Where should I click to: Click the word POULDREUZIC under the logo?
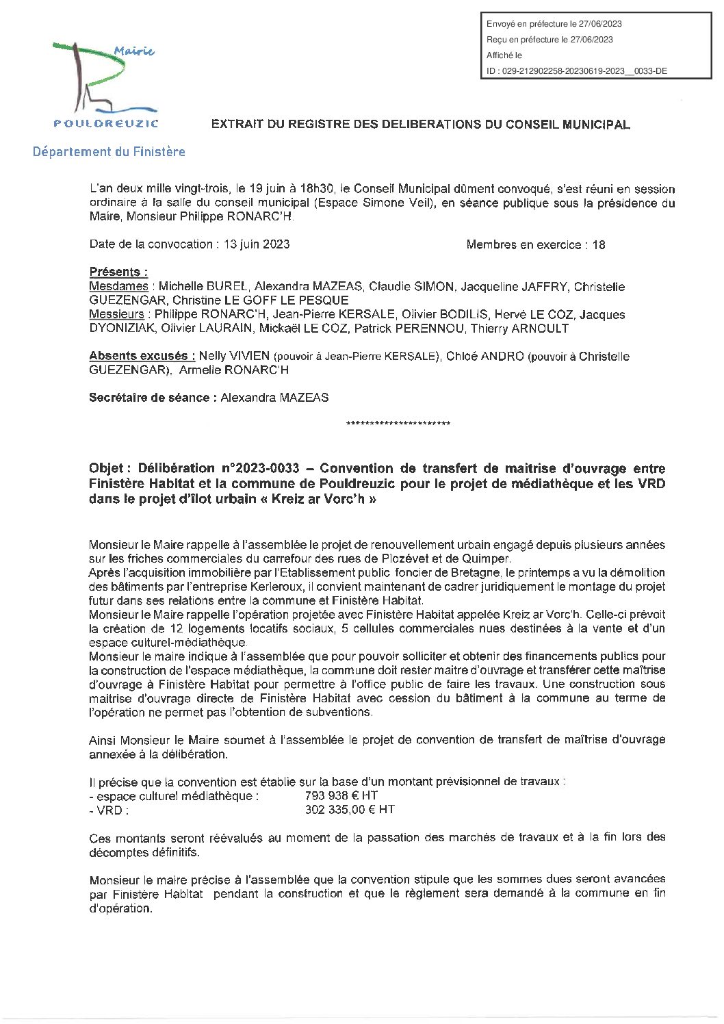[106, 124]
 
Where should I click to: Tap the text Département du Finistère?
[109, 152]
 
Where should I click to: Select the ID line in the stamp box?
[576, 71]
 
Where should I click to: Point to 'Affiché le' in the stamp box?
[504, 55]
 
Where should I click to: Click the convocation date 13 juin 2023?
[256, 244]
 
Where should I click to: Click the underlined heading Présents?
[118, 272]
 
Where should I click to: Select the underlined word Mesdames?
[118, 286]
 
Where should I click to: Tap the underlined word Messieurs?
[116, 314]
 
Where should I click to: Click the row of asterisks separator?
[398, 424]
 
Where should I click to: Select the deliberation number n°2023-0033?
[259, 469]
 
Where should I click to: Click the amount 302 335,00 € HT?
[349, 810]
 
